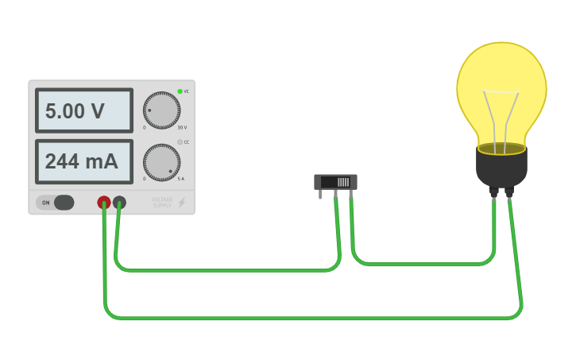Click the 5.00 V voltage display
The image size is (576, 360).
[x=83, y=110]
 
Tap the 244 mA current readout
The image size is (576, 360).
[x=83, y=161]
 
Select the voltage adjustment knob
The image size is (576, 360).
[x=161, y=110]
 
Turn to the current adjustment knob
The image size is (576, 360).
[x=161, y=162]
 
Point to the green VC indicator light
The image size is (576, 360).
[x=180, y=91]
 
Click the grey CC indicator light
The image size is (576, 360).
[x=180, y=142]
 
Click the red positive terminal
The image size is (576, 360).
[x=104, y=203]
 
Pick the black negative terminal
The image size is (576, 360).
[x=119, y=203]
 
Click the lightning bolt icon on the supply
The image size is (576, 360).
[x=182, y=203]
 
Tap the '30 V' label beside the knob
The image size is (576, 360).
[x=182, y=127]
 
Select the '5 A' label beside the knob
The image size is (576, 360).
[x=181, y=179]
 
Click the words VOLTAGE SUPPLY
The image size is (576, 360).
[x=162, y=203]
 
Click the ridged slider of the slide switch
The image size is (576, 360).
[x=342, y=182]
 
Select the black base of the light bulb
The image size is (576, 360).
[x=501, y=168]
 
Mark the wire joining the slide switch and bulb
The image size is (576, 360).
[x=421, y=263]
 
